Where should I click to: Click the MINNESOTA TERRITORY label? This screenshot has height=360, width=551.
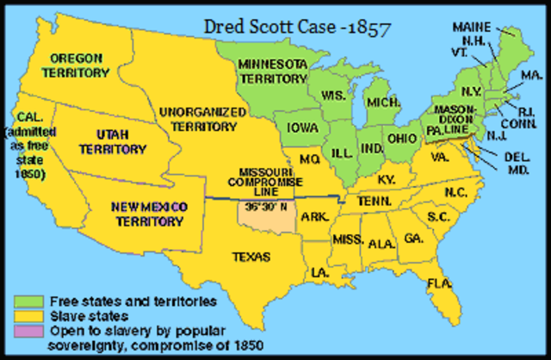(272, 71)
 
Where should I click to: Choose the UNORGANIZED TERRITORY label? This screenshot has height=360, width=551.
(199, 118)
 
